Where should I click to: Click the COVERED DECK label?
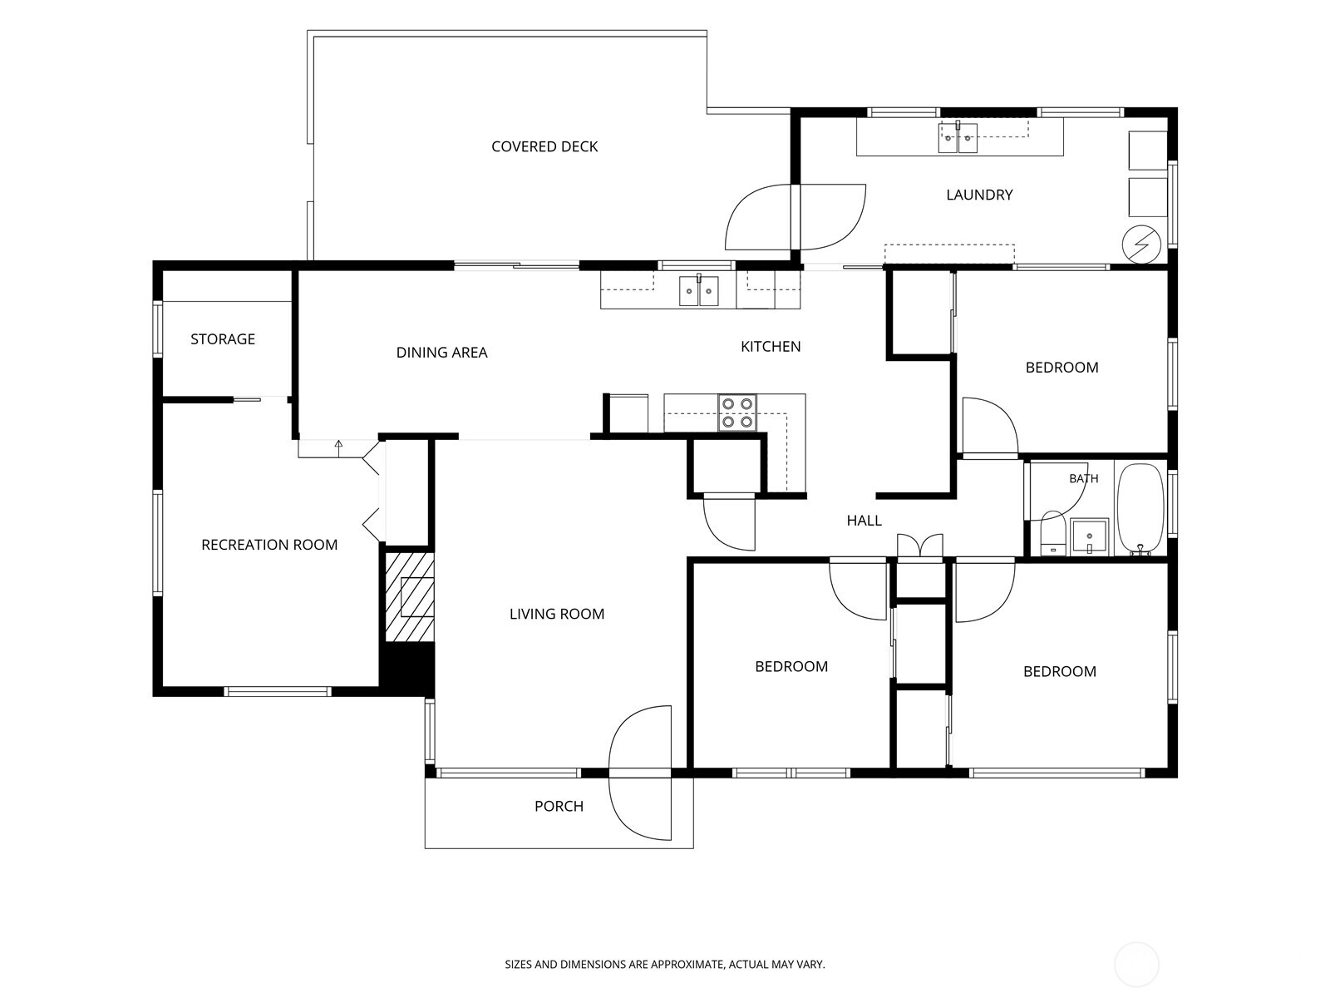pos(544,146)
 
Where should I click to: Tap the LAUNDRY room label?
pos(979,195)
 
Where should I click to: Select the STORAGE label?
pos(223,338)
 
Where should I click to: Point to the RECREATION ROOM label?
pos(269,545)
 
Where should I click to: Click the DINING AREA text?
pos(441,352)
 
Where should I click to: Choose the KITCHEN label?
pos(770,346)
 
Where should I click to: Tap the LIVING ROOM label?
pos(557,614)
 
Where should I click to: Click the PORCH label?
pos(559,806)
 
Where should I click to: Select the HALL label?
pos(864,520)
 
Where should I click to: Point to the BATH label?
pos(1083,479)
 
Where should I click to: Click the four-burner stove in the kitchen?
pos(736,413)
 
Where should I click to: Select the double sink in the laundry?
pos(958,138)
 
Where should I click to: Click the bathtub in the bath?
pos(1140,509)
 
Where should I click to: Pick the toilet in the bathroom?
pos(1053,533)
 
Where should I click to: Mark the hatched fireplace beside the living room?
pos(410,597)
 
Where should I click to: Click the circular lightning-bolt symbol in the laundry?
pos(1141,245)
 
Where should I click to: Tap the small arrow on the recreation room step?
pos(338,448)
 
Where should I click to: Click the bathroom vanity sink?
pos(1089,537)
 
